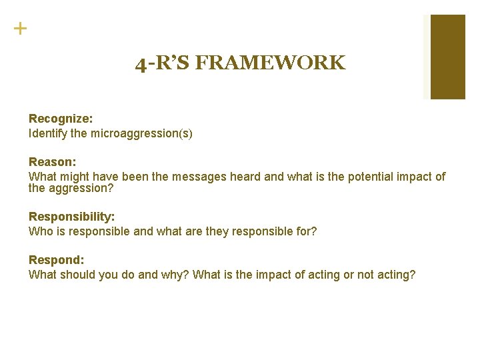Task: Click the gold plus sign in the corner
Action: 21,29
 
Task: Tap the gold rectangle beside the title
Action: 447,57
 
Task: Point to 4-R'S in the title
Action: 163,64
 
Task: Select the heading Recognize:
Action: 61,119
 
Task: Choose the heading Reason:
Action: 53,162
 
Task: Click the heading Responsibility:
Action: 72,217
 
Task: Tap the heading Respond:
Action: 56,260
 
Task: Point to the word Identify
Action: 46,133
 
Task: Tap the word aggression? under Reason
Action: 81,188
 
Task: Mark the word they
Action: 222,231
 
